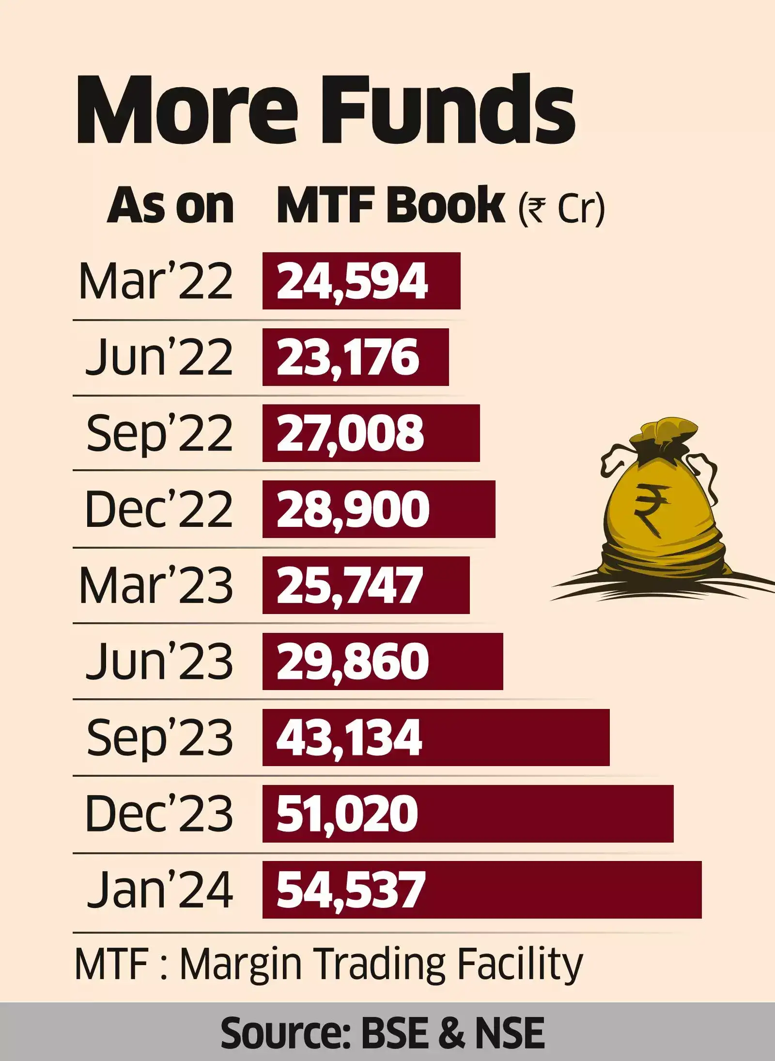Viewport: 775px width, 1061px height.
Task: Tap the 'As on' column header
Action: pyautogui.click(x=170, y=207)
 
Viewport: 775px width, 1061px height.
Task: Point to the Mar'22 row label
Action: pyautogui.click(x=156, y=281)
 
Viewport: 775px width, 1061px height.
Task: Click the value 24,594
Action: pyautogui.click(x=352, y=281)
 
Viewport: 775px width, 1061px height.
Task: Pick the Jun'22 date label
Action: pyautogui.click(x=159, y=357)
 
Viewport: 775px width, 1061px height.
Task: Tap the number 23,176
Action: pyautogui.click(x=348, y=357)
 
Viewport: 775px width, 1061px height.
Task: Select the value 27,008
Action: pyautogui.click(x=350, y=433)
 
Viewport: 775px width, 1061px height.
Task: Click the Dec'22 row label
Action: pyautogui.click(x=159, y=509)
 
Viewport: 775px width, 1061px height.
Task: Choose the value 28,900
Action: pyautogui.click(x=353, y=509)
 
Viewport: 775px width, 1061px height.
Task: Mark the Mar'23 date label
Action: pyautogui.click(x=156, y=585)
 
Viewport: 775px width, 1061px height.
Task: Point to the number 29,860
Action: pyautogui.click(x=353, y=661)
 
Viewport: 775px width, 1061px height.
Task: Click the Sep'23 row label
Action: pyautogui.click(x=160, y=738)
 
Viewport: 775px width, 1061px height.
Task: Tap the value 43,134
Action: pyautogui.click(x=349, y=738)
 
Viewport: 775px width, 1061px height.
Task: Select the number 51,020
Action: pyautogui.click(x=347, y=814)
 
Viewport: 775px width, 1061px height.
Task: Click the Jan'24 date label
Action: pyautogui.click(x=160, y=890)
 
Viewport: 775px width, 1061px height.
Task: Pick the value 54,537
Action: pyautogui.click(x=351, y=890)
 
